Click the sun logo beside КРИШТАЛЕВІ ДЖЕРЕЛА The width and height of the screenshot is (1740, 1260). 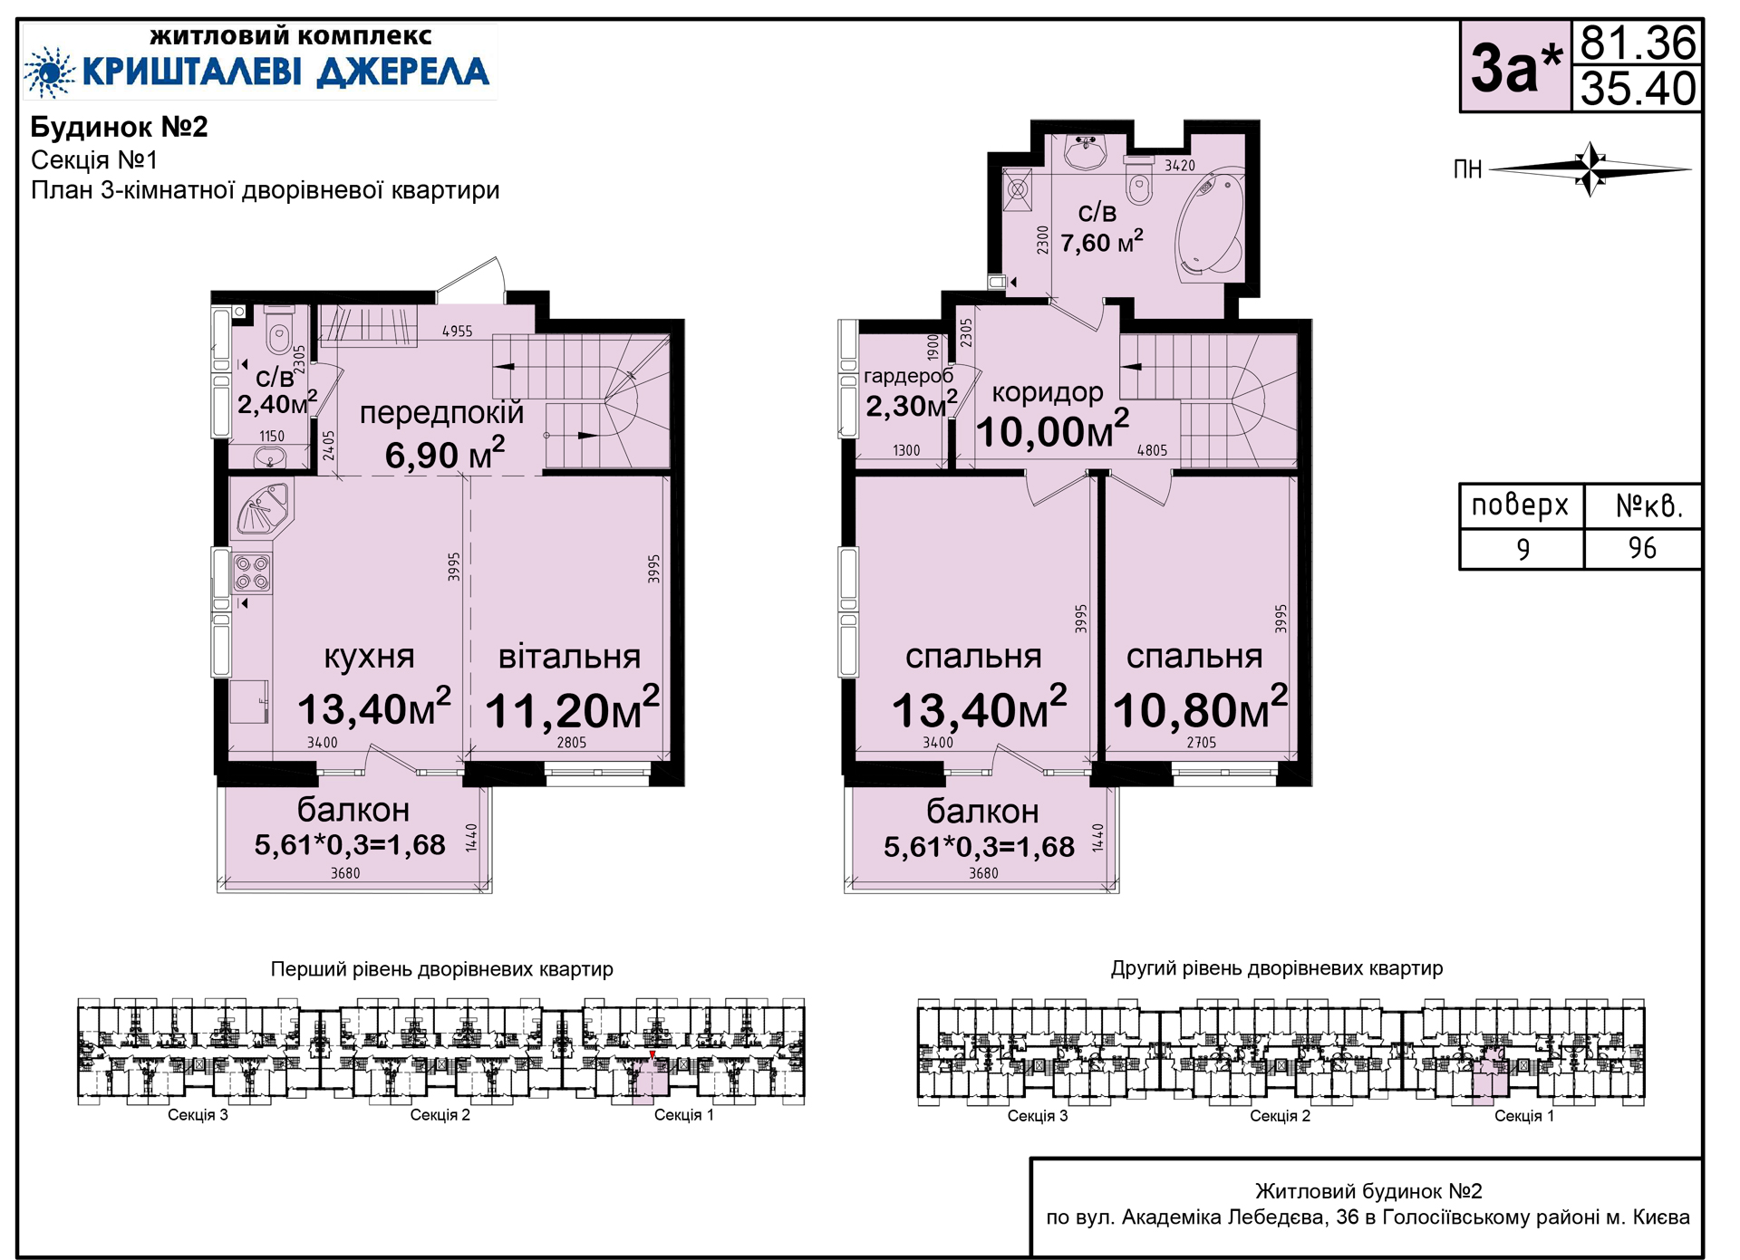click(x=50, y=72)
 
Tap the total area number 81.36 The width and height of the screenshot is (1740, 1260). click(x=1638, y=43)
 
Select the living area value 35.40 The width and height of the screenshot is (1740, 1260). click(x=1638, y=89)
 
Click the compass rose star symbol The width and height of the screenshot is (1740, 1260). click(x=1591, y=168)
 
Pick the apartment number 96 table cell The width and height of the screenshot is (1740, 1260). click(x=1642, y=548)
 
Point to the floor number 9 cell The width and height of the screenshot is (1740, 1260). click(x=1522, y=549)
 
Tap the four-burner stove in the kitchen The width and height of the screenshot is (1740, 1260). click(x=252, y=572)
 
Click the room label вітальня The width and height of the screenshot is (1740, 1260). click(x=569, y=657)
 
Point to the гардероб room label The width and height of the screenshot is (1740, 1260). click(x=908, y=377)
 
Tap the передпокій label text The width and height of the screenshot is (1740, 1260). click(x=441, y=413)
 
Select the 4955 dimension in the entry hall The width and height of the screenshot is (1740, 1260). click(x=458, y=332)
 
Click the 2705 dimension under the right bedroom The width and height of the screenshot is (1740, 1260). click(x=1202, y=743)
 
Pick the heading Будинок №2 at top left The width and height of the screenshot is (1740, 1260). click(x=120, y=127)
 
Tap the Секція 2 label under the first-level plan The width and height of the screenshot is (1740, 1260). click(x=440, y=1115)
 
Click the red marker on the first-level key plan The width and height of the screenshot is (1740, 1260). click(x=652, y=1055)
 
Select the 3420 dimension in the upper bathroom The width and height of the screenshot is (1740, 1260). click(x=1180, y=166)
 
